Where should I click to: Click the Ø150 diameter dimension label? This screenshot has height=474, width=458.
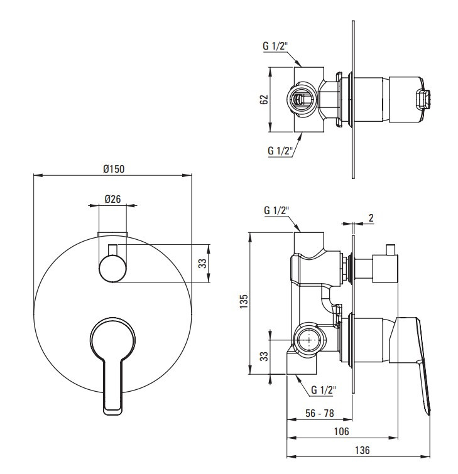[x=114, y=169]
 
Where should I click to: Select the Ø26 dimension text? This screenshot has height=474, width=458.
[x=112, y=199]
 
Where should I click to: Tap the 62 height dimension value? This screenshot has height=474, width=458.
[x=264, y=99]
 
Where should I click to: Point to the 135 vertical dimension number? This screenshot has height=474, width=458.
[x=244, y=301]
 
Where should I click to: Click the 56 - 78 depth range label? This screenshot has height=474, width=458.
[x=319, y=413]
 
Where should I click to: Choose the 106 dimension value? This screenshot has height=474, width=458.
[x=341, y=431]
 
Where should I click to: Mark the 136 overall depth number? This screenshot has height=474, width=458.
[x=362, y=450]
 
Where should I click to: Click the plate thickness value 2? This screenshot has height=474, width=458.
[x=371, y=218]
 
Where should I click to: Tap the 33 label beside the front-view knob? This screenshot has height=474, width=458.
[x=202, y=263]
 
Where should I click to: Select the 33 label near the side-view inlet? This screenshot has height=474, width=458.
[x=264, y=356]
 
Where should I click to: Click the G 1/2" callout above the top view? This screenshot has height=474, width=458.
[x=275, y=46]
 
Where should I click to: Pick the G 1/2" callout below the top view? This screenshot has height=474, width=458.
[x=280, y=150]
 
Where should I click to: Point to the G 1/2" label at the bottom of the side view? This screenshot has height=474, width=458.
[x=324, y=390]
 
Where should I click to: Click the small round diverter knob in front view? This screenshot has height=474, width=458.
[x=112, y=268]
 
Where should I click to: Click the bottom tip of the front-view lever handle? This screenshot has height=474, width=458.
[x=113, y=414]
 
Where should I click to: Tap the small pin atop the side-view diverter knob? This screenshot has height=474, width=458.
[x=390, y=249]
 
